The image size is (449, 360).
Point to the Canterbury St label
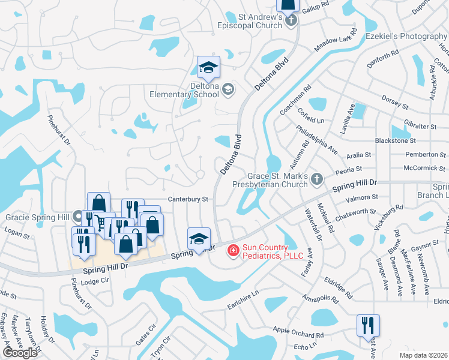tap(188, 199)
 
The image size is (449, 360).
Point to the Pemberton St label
tap(422, 155)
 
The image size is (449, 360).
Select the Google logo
tap(20, 353)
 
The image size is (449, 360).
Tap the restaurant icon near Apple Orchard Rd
tap(367, 325)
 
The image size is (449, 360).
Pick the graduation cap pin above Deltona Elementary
tap(208, 67)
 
